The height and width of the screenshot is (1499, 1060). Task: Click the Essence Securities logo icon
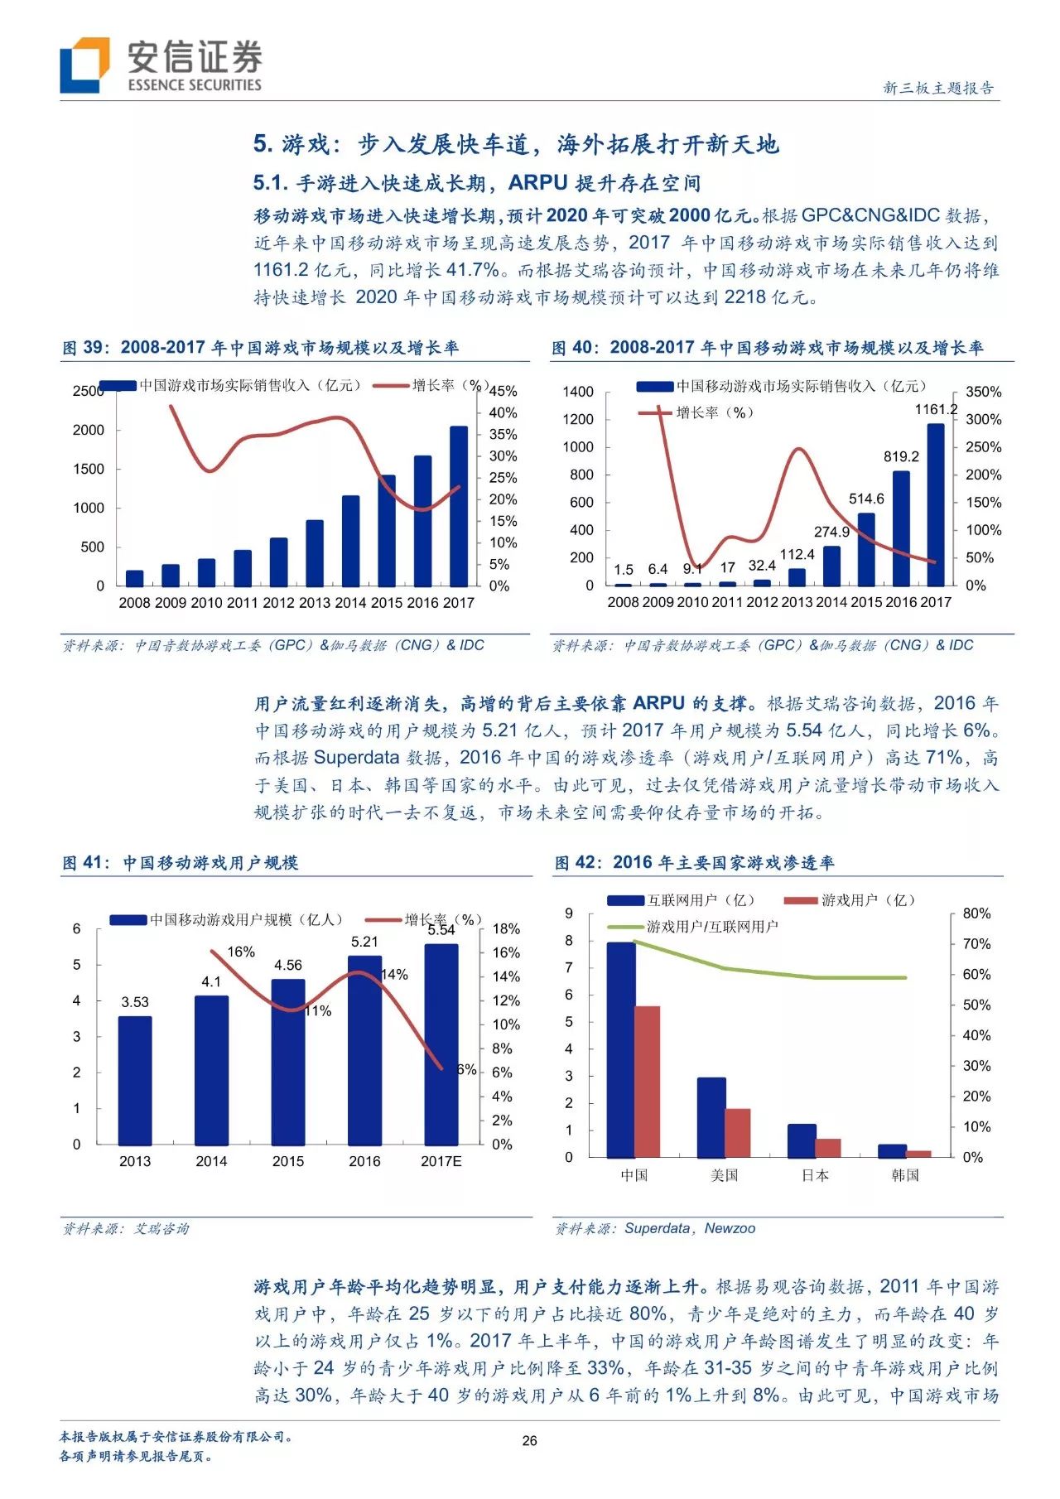84,65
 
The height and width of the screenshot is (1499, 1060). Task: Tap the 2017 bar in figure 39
459,506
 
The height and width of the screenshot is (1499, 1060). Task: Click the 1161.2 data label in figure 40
936,409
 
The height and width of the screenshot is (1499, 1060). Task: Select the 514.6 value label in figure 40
866,499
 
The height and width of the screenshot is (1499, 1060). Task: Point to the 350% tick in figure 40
983,392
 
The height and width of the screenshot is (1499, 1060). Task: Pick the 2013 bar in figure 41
135,1080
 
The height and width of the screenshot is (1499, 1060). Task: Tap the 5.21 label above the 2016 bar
364,942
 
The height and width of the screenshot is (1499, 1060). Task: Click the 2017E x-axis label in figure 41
441,1161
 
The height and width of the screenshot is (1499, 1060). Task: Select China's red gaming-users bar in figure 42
648,1081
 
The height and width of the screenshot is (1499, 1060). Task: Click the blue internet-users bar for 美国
711,1116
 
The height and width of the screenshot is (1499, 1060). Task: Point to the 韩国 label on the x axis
905,1175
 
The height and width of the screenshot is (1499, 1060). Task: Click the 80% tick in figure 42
976,913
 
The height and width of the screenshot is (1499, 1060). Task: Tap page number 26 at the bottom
529,1440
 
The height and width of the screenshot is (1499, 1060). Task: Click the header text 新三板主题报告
938,88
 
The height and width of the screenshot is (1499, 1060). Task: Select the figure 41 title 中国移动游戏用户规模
210,863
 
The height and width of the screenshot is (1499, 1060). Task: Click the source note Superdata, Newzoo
689,1228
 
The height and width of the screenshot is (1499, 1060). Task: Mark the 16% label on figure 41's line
241,952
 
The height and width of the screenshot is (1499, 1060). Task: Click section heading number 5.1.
270,183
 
